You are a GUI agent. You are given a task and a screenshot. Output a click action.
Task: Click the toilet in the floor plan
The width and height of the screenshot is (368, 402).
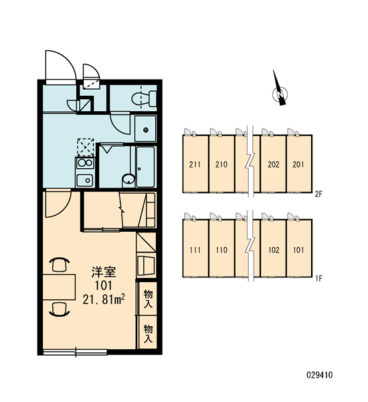point(144,98)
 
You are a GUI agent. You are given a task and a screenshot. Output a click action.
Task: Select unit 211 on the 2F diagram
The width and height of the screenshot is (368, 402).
point(195,163)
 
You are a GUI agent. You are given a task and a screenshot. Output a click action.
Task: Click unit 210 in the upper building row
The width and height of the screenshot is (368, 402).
point(221,163)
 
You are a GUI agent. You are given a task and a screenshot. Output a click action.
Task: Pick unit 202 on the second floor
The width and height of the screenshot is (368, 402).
point(273,163)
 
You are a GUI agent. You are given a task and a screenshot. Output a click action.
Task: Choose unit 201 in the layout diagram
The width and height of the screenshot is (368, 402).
point(299,163)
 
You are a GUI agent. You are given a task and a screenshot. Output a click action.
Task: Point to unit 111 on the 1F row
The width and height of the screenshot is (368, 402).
point(195,249)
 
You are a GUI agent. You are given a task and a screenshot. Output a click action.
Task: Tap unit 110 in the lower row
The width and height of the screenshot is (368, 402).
point(221,249)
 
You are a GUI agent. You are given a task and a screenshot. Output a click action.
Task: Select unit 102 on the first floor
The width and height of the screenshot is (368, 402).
point(273,249)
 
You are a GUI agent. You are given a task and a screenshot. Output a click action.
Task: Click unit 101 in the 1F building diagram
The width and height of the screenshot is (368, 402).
point(299,249)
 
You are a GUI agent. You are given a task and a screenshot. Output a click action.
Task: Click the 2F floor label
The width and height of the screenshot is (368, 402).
point(318,194)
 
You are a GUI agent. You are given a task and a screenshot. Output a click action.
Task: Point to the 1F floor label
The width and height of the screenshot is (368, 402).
point(319,278)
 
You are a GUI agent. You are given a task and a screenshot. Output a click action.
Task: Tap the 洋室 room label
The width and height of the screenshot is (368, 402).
point(104,272)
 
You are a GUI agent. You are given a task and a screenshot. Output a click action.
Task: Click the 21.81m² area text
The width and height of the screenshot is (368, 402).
point(104,299)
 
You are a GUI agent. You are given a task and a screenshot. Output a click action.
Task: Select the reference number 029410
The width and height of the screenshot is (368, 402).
point(320,375)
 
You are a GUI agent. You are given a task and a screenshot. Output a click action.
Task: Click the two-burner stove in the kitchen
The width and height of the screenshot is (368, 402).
point(85,163)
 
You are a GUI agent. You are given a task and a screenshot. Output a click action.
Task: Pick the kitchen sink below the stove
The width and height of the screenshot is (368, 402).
point(85,180)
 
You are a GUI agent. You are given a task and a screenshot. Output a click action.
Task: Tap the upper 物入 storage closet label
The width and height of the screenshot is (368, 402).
point(148,298)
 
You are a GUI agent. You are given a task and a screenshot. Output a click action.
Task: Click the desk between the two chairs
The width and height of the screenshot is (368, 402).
point(59,287)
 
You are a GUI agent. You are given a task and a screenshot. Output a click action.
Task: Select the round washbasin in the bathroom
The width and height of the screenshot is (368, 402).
point(128,179)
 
